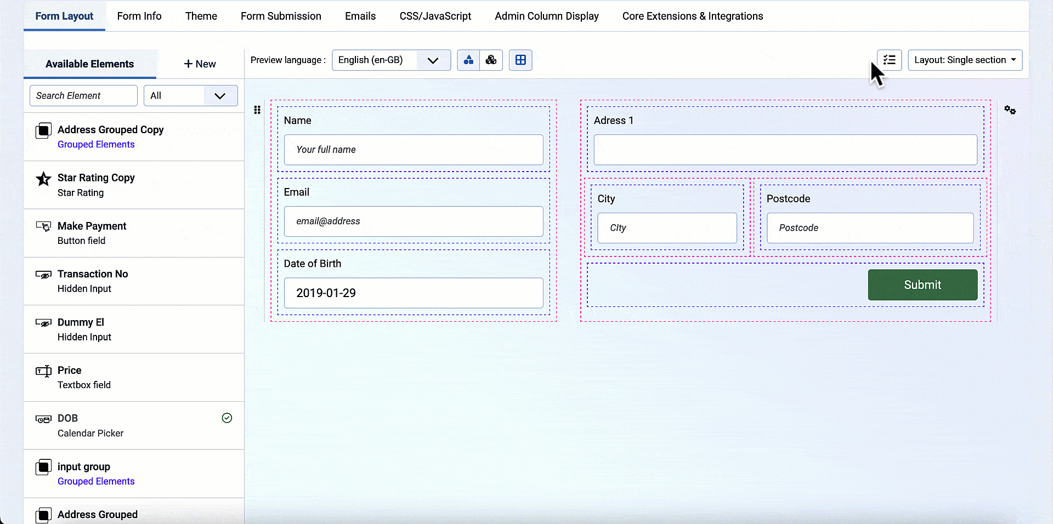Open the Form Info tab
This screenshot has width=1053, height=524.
pos(139,16)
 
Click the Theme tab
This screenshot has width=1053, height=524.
pos(201,16)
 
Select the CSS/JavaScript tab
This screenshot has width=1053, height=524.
pos(435,16)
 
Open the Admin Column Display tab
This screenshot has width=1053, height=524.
pos(547,16)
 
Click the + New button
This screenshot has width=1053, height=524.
pos(200,64)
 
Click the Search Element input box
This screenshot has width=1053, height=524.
pos(83,95)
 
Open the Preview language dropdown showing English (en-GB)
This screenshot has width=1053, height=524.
pos(391,60)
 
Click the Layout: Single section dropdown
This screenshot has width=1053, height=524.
pos(965,60)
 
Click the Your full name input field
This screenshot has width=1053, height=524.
pos(414,150)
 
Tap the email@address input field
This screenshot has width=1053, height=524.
pos(414,221)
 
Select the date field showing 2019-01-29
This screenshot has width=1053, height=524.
pos(414,293)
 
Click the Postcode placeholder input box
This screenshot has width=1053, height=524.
pos(870,228)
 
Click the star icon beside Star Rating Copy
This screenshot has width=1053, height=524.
pos(43,179)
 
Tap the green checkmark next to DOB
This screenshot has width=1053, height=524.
pos(227,418)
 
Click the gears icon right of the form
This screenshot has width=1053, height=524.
pos(1010,110)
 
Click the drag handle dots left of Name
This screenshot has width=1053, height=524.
pos(257,110)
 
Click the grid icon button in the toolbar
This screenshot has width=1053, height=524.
pos(520,60)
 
